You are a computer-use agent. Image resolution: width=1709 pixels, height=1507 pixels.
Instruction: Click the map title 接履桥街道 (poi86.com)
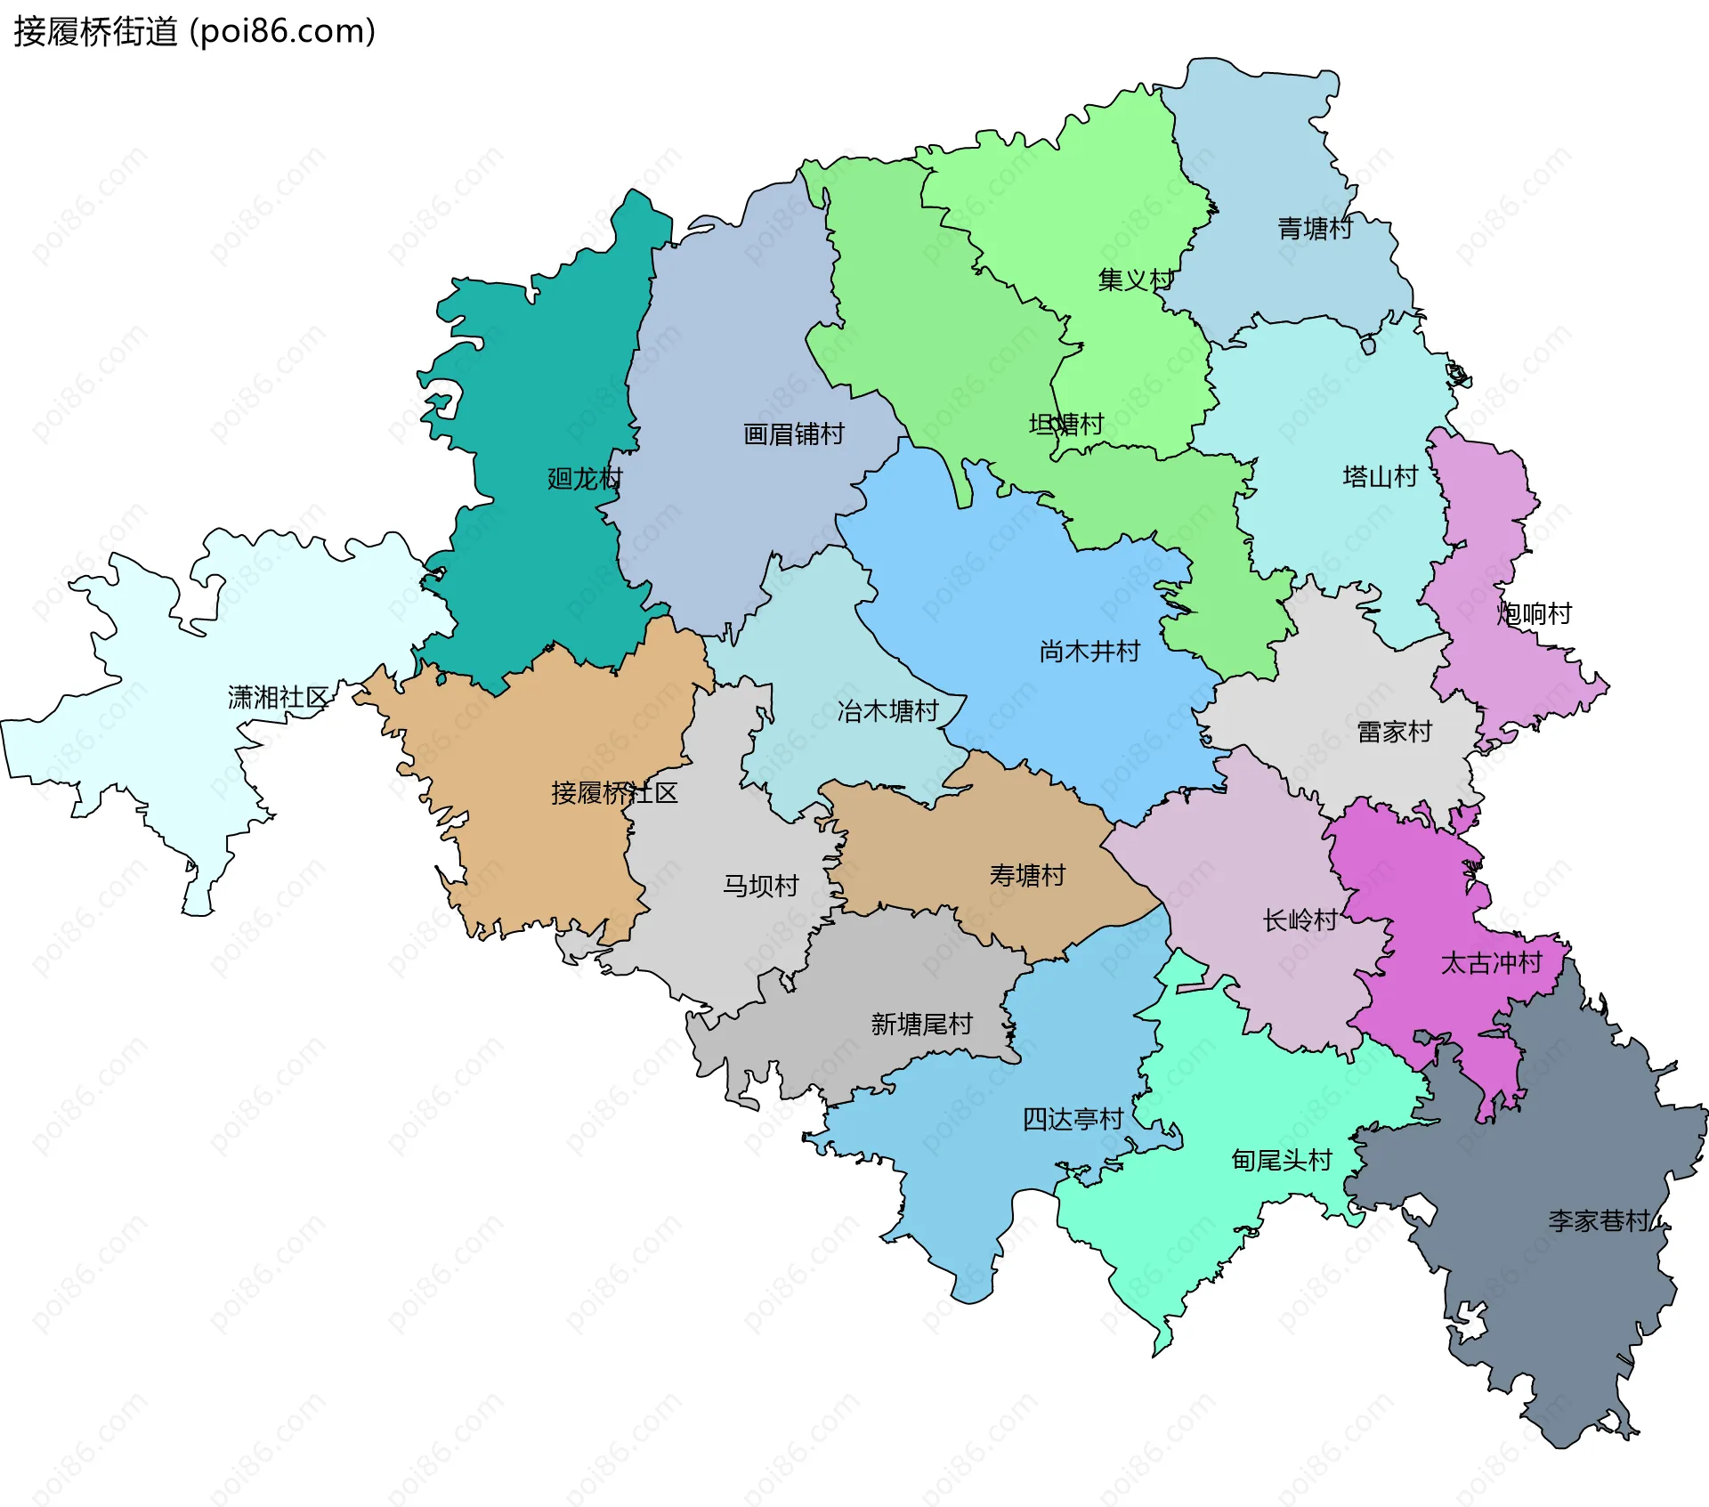pyautogui.click(x=194, y=32)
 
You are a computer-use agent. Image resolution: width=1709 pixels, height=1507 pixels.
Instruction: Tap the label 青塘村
pyautogui.click(x=1315, y=229)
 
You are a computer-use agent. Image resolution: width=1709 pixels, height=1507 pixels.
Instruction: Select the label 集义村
pyautogui.click(x=1136, y=280)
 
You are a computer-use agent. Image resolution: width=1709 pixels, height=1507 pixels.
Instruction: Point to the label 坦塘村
pyautogui.click(x=1066, y=424)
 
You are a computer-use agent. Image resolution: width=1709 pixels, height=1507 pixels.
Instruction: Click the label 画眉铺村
pyautogui.click(x=793, y=434)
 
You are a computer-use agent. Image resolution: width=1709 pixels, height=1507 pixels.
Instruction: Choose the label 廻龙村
pyautogui.click(x=585, y=479)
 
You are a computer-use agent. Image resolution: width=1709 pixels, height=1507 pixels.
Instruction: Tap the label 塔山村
pyautogui.click(x=1380, y=477)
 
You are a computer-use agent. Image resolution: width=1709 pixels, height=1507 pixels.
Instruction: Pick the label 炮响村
pyautogui.click(x=1534, y=613)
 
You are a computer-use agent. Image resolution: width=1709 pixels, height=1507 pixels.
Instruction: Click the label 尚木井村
pyautogui.click(x=1089, y=652)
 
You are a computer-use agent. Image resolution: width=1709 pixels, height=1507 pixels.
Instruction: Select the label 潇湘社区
pyautogui.click(x=279, y=697)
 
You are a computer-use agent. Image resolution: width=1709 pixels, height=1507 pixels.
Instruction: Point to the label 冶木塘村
pyautogui.click(x=887, y=711)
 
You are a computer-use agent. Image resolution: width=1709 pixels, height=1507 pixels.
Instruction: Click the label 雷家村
pyautogui.click(x=1394, y=732)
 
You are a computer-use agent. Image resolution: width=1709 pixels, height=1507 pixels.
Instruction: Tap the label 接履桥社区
pyautogui.click(x=614, y=793)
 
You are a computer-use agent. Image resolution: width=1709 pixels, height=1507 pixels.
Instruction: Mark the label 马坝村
pyautogui.click(x=760, y=886)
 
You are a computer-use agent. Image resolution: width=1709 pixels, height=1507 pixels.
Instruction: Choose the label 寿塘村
pyautogui.click(x=1027, y=876)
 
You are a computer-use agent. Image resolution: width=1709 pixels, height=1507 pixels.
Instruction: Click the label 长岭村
pyautogui.click(x=1300, y=920)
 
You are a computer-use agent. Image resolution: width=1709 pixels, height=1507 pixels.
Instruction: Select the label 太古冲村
pyautogui.click(x=1491, y=963)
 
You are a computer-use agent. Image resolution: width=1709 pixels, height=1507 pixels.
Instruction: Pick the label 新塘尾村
pyautogui.click(x=921, y=1025)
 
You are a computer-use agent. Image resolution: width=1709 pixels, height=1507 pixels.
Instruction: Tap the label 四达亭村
pyautogui.click(x=1073, y=1119)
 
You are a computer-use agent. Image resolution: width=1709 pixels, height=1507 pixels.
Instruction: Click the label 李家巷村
pyautogui.click(x=1599, y=1220)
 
